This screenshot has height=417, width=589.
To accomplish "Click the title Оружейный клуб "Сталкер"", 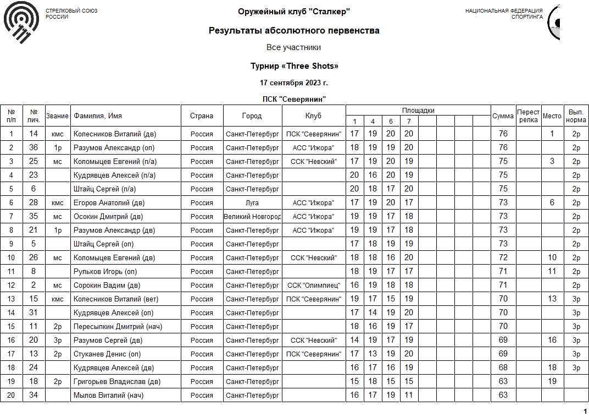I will (294, 12).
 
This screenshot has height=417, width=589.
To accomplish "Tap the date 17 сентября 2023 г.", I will (294, 83).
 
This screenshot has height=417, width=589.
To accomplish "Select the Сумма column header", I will (503, 116).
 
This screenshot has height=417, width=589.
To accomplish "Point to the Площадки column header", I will (418, 111).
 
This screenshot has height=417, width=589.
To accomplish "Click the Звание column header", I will (57, 116).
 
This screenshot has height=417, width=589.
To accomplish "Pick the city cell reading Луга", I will (252, 202).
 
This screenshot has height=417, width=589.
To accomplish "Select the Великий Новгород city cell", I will (252, 216).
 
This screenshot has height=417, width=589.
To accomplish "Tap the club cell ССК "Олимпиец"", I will (314, 285).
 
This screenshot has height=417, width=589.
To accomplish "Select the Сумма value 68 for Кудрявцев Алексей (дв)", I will (503, 367).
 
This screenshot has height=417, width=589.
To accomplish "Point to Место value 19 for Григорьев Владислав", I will (552, 381).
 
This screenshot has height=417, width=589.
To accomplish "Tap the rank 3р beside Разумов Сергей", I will (57, 340).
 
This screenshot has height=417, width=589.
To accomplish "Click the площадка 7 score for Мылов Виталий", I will (408, 395).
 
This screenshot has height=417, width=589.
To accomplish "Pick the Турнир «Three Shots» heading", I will (294, 66).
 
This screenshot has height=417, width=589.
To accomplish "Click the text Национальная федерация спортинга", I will (504, 14).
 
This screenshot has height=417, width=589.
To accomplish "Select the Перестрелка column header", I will (528, 116).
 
